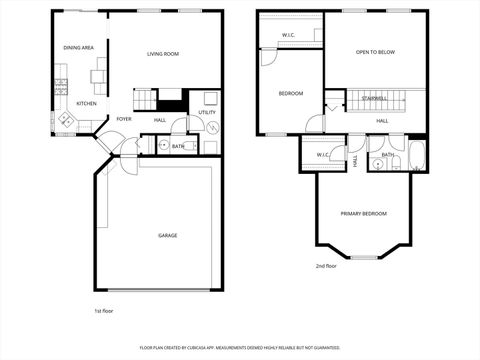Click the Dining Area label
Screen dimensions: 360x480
click(x=79, y=47)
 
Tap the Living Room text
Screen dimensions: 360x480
click(x=162, y=53)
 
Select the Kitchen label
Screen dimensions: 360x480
click(x=87, y=103)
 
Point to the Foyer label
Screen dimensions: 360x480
click(x=124, y=119)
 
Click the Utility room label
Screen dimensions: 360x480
click(x=207, y=112)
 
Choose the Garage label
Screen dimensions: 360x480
click(x=167, y=235)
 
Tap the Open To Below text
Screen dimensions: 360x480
click(x=375, y=52)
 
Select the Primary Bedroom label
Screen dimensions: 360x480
click(x=363, y=214)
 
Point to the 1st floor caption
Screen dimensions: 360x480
click(x=105, y=311)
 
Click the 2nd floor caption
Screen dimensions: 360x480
click(x=326, y=266)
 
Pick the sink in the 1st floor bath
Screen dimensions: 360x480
click(x=163, y=146)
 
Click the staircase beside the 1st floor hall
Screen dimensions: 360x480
click(x=146, y=99)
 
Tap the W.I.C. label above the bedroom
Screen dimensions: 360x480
click(x=288, y=35)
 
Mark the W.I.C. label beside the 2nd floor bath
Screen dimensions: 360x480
click(x=323, y=154)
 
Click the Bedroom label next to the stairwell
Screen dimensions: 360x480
click(x=290, y=93)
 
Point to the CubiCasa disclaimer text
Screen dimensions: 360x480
click(x=240, y=347)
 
